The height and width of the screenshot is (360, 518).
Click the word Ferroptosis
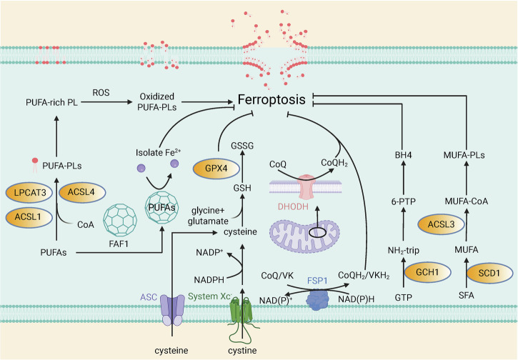coord(272,99)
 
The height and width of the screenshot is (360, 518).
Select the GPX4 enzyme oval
coord(216,169)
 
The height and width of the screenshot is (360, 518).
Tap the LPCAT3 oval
coord(29,193)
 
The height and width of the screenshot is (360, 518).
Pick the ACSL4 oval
coord(82,192)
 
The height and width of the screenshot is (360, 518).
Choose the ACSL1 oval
coord(29,217)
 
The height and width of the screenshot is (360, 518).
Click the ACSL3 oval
coord(442,225)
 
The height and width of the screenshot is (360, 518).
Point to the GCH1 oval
coord(427,272)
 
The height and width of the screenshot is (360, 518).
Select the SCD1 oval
coord(489,274)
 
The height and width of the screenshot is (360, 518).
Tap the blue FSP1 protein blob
coord(318,299)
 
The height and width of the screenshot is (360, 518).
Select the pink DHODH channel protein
coord(307,187)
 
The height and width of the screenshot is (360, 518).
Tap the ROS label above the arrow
coord(101,93)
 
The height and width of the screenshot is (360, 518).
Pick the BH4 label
coord(404,155)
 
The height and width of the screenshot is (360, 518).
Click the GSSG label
coord(242,146)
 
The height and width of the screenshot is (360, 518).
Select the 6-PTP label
coord(404,201)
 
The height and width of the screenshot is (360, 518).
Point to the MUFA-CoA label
coord(466,201)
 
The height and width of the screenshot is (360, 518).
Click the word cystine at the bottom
coord(242,351)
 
